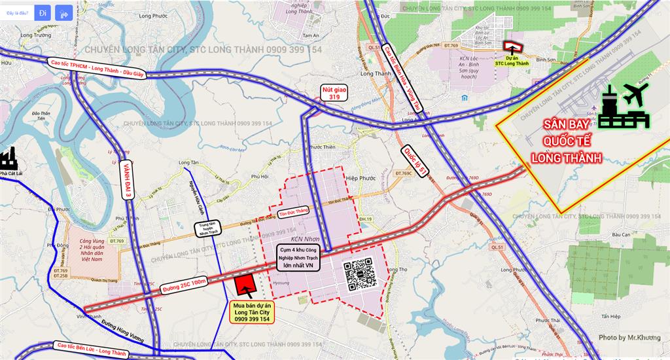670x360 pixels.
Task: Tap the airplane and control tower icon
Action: tap(623, 107)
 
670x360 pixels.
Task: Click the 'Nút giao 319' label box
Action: tap(334, 92)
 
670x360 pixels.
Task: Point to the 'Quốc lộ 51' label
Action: tap(415, 161)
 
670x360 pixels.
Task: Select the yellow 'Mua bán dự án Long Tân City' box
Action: tap(252, 314)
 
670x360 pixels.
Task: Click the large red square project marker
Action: tap(245, 287)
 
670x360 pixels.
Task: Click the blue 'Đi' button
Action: tap(42, 12)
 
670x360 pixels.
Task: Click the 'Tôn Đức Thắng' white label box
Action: tap(292, 211)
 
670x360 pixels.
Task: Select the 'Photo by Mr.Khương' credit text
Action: tap(629, 338)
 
